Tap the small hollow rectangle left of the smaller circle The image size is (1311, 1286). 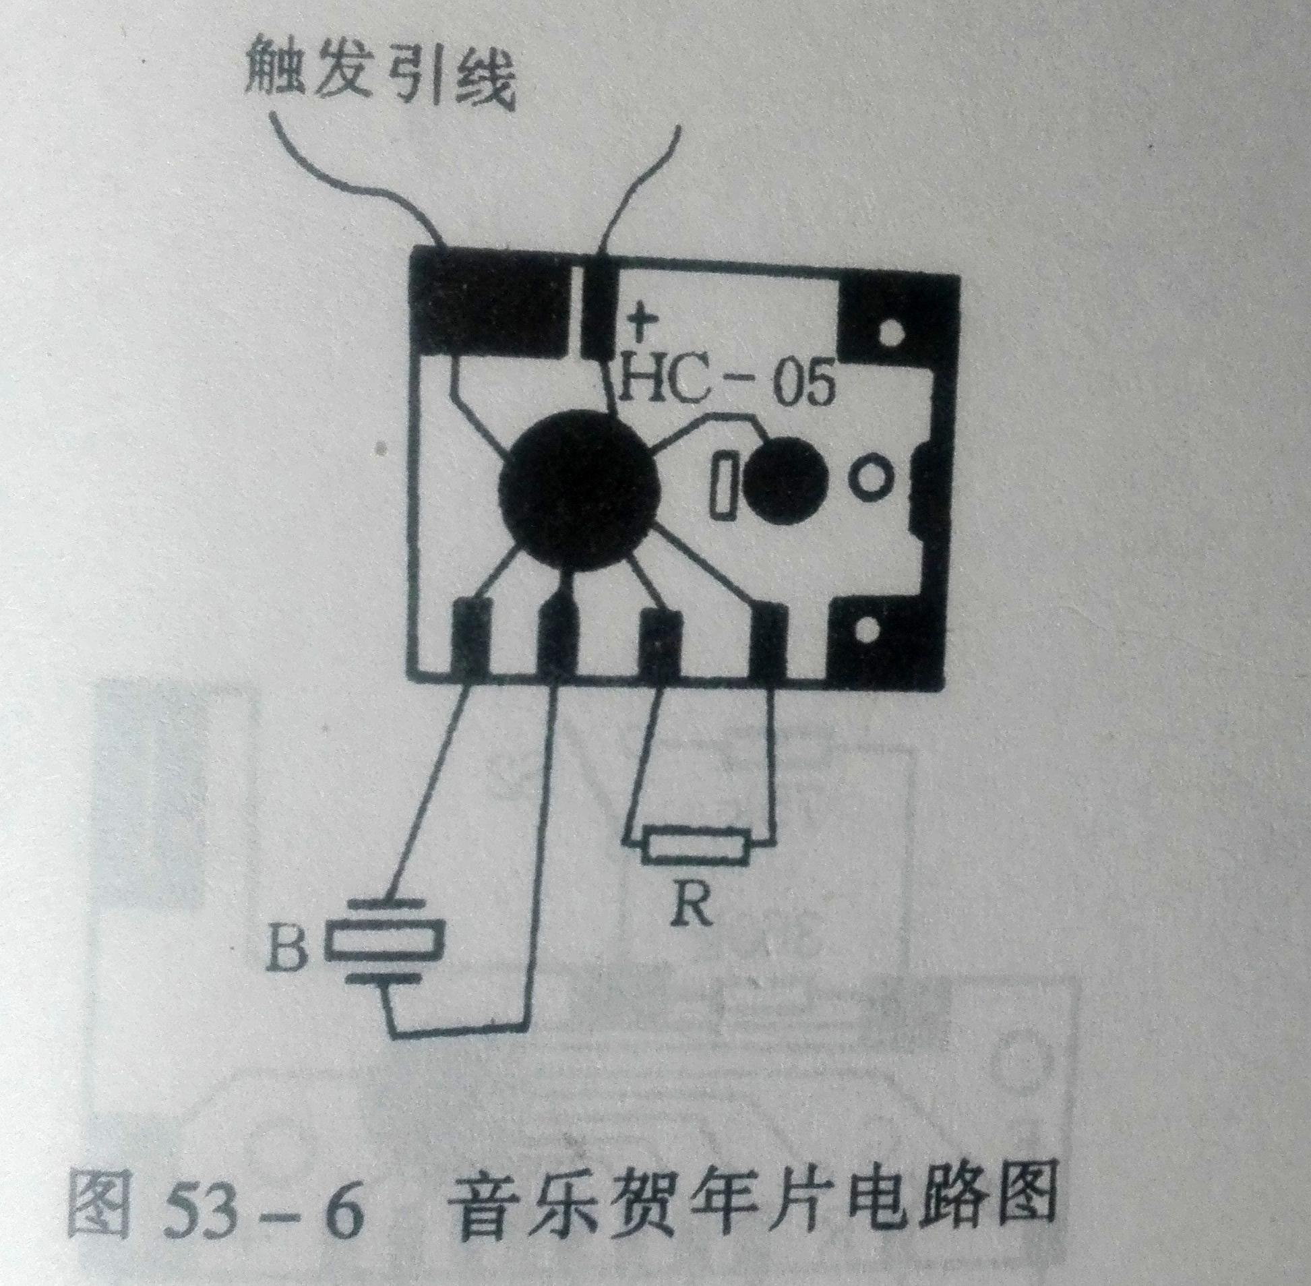coord(726,485)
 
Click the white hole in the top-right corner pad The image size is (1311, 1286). coord(892,332)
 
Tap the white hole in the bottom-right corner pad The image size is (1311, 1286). coord(869,632)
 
